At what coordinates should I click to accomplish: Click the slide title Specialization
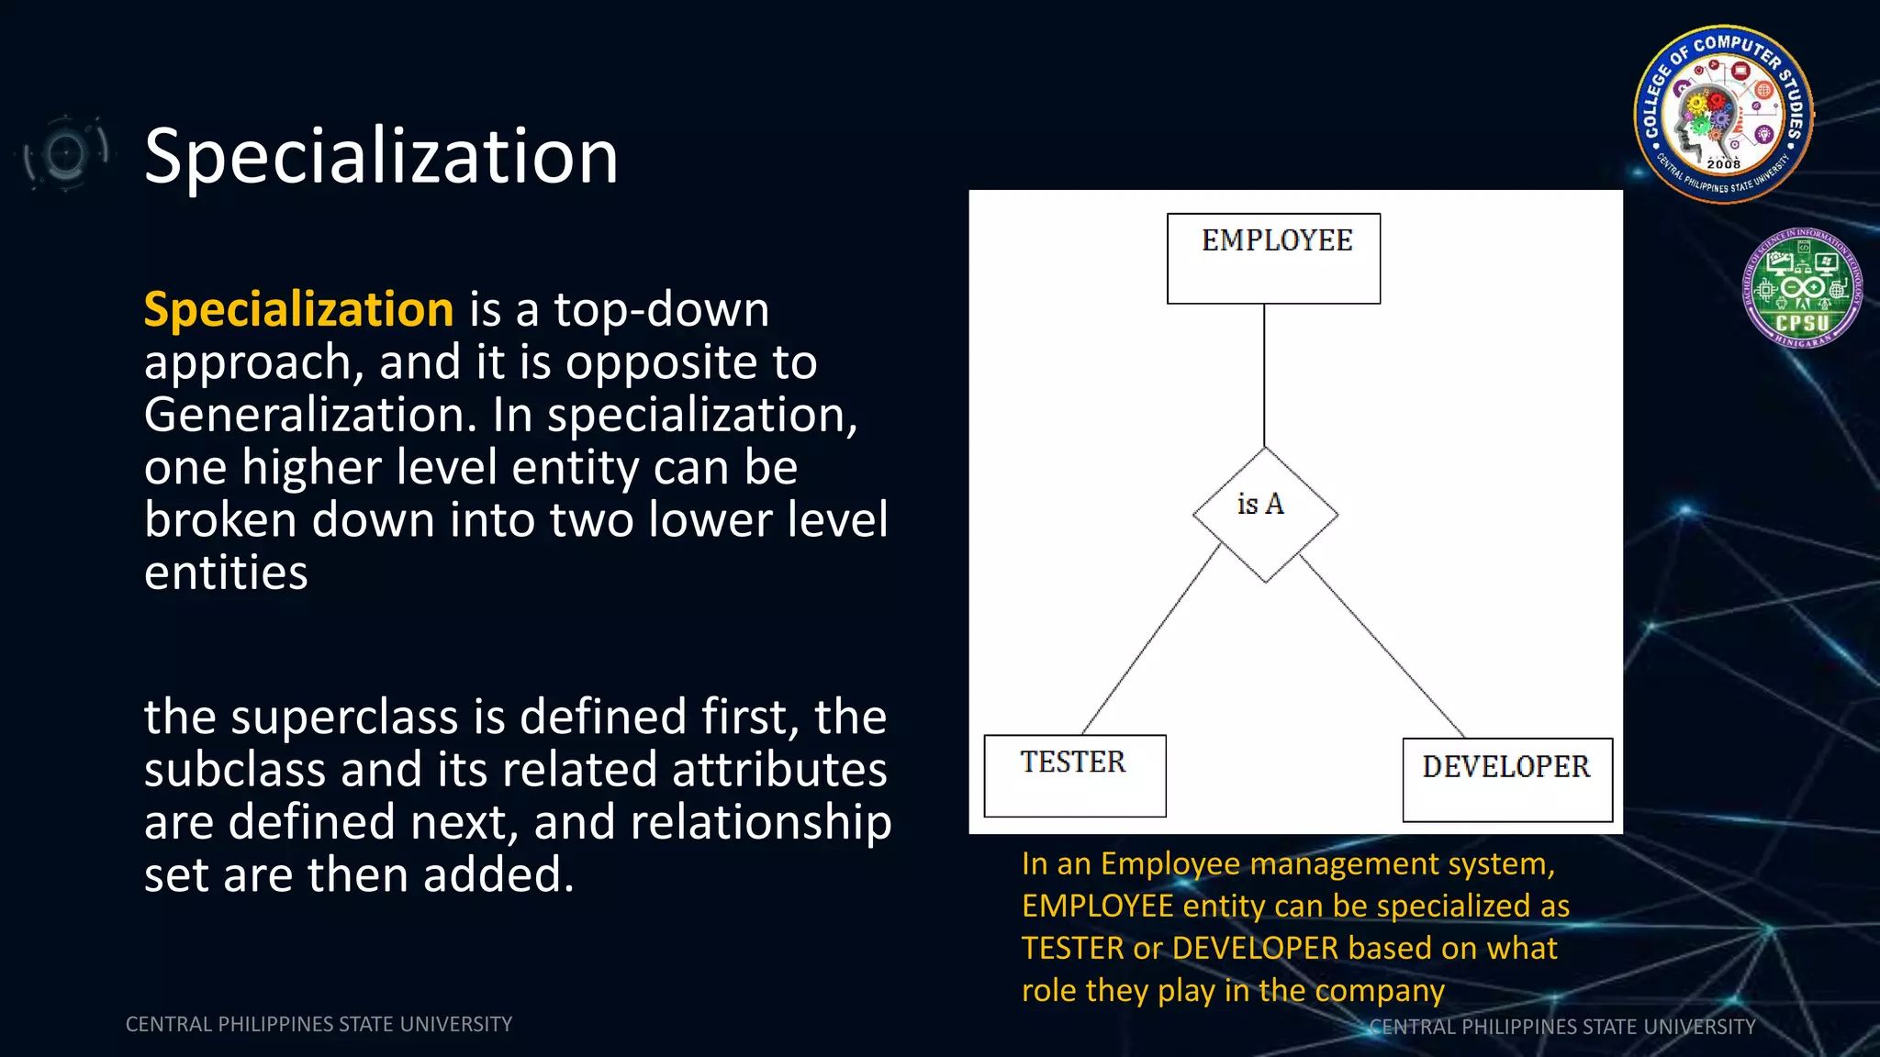381,156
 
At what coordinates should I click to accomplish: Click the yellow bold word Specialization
298,309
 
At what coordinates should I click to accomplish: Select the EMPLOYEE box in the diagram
1273,259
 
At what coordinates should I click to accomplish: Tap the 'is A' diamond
1265,515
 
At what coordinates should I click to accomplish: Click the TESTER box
1074,775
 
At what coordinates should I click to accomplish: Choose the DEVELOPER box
1506,779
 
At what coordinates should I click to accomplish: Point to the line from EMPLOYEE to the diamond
1264,376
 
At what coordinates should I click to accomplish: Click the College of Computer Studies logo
1723,114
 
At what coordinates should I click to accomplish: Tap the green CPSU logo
1801,288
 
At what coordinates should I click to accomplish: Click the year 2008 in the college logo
1723,163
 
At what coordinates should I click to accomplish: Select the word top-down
661,309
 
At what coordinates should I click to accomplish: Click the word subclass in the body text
234,769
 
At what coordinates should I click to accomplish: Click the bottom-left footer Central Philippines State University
319,1024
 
